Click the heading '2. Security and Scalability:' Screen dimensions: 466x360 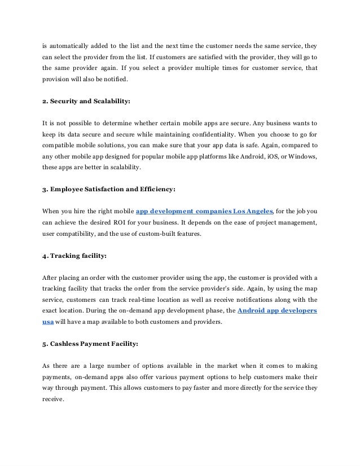coord(86,102)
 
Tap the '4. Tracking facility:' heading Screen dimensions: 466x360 coord(74,255)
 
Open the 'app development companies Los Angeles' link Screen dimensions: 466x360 coord(205,211)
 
